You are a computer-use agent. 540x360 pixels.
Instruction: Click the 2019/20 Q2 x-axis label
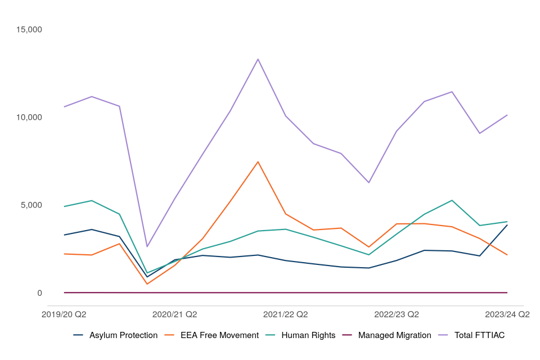(64, 314)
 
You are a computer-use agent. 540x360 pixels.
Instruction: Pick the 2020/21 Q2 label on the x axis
(175, 314)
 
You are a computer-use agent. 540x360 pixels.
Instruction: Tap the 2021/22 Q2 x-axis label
(286, 314)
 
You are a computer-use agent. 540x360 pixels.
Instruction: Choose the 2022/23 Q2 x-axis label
(397, 314)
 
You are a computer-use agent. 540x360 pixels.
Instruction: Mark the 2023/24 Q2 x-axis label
(507, 314)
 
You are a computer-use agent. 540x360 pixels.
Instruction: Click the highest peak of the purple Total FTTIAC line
(258, 59)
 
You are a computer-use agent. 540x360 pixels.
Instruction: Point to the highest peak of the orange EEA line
(258, 162)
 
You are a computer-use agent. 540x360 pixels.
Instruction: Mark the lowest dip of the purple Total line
(147, 246)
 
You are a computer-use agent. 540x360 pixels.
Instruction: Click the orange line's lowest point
(147, 284)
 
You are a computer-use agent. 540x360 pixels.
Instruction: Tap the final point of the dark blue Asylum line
(507, 225)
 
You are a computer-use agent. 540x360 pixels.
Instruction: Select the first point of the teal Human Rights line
(64, 206)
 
